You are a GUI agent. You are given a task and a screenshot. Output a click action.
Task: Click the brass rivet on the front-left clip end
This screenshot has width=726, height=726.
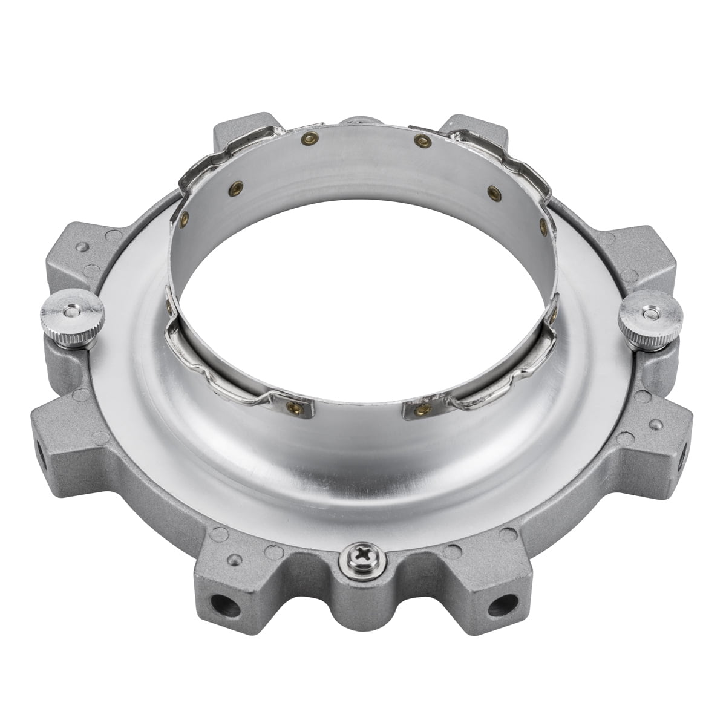click(x=294, y=405)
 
